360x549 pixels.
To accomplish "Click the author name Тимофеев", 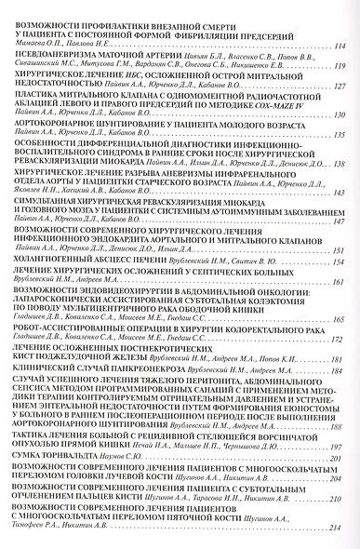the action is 37,541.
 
